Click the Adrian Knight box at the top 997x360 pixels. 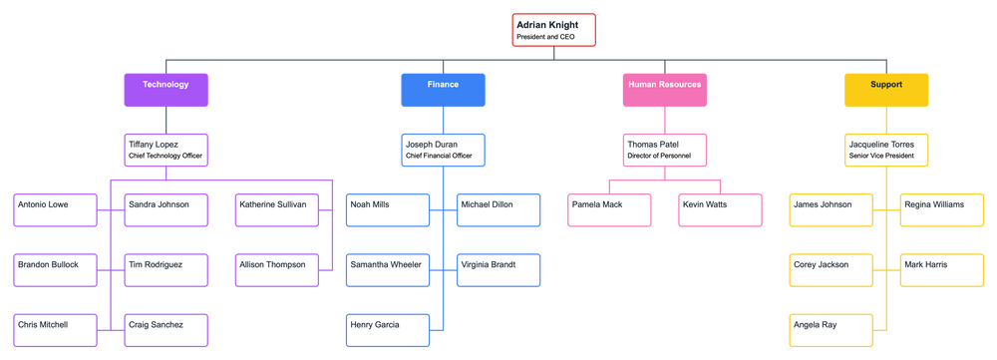point(554,29)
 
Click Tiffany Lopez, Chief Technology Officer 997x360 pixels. point(166,150)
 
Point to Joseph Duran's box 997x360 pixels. point(443,150)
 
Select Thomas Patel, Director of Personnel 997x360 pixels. point(664,150)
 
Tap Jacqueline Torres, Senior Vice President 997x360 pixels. point(885,150)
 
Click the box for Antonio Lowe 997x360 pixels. point(55,209)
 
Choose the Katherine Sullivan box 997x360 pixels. point(276,209)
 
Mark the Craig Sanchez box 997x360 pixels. point(166,329)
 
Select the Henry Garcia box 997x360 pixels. point(387,329)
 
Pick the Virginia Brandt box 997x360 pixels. point(498,269)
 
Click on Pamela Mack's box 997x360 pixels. point(608,209)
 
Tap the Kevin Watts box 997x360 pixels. point(719,209)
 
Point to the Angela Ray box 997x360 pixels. point(830,329)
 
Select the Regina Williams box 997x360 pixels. point(940,209)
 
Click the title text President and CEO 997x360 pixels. point(545,37)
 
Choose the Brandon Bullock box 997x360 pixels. point(55,269)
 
